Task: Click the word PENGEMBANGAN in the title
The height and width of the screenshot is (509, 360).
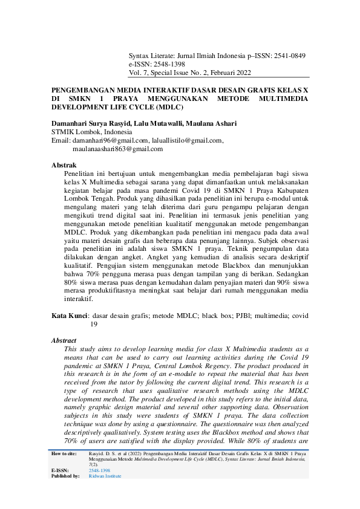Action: tap(86, 88)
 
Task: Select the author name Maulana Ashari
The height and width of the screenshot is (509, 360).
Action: tap(212, 123)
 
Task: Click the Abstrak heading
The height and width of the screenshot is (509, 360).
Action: tap(64, 164)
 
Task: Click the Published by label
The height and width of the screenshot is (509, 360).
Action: tap(66, 476)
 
